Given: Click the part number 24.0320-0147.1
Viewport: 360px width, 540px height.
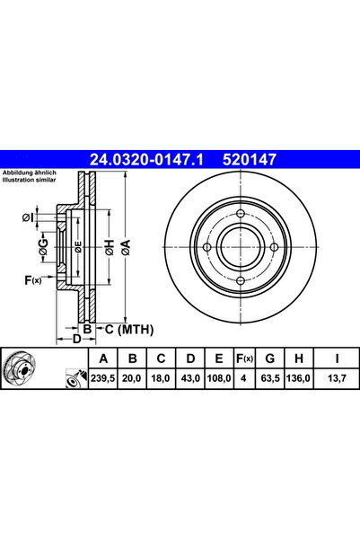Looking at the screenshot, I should coord(150,160).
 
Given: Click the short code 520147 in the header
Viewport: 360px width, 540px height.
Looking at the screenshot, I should coord(249,160).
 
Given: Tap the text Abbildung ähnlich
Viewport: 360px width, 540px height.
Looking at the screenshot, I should coord(30,172).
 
